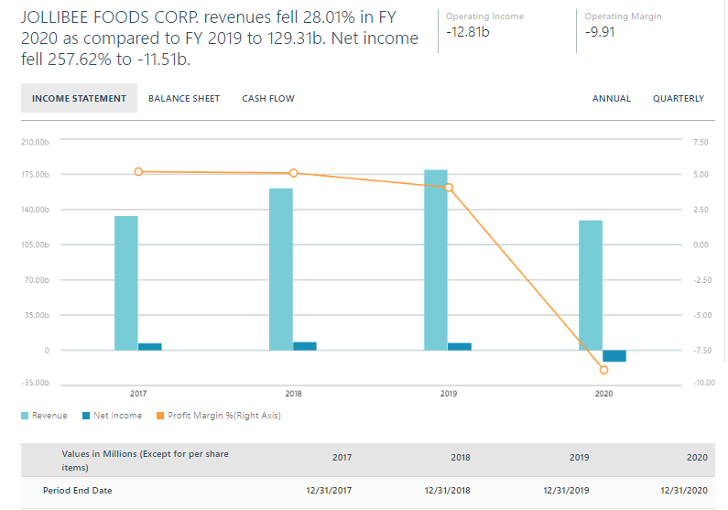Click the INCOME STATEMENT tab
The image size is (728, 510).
[79, 99]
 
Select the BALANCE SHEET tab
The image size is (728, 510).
[184, 99]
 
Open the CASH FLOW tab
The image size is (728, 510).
[268, 99]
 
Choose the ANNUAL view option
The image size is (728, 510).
[611, 99]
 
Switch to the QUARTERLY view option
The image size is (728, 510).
[678, 99]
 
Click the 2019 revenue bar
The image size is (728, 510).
[436, 259]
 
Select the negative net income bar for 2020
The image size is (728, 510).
[614, 356]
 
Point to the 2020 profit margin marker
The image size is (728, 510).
[603, 370]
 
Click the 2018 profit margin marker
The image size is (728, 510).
[294, 173]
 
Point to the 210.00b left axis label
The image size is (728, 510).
[34, 142]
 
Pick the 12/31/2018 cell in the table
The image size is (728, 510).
[448, 491]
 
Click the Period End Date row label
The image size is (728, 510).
[77, 491]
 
